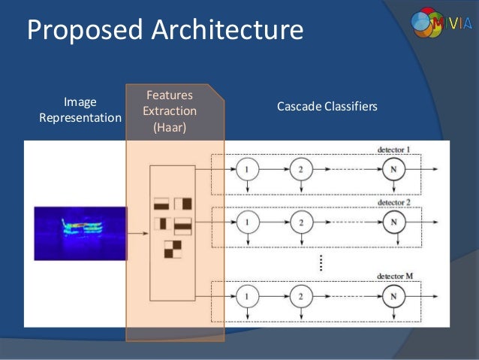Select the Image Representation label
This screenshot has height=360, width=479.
(80, 110)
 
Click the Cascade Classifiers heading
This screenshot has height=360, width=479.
(327, 106)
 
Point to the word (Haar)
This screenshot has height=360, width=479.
(170, 127)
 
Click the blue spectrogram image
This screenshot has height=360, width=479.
(80, 234)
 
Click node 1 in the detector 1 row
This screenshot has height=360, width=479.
(247, 170)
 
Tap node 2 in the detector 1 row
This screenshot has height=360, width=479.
(301, 170)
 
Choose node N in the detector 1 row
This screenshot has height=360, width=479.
(393, 170)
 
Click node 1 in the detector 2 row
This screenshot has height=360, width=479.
(247, 222)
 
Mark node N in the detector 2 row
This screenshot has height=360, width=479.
(393, 222)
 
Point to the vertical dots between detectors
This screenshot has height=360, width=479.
(321, 262)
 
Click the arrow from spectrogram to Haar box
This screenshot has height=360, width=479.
(138, 234)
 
